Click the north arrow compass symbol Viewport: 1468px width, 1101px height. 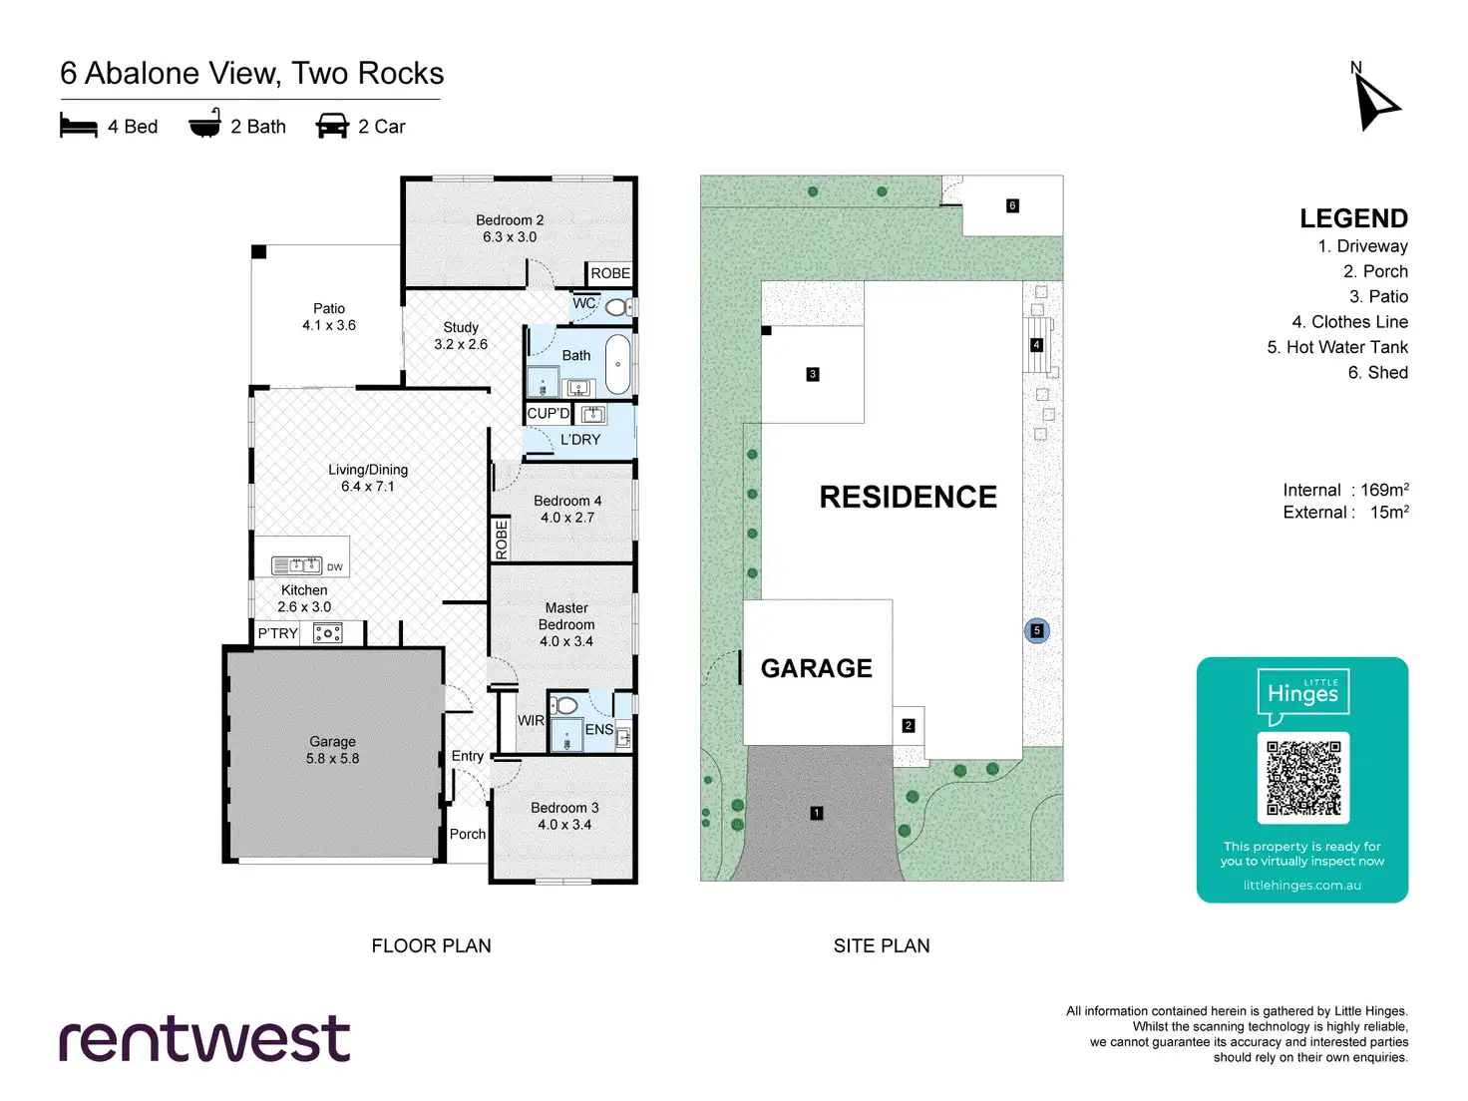click(x=1374, y=101)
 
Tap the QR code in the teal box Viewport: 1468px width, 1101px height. click(x=1302, y=778)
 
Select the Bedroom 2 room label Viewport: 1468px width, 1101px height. click(x=510, y=228)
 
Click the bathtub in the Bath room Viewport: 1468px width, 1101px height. click(x=618, y=364)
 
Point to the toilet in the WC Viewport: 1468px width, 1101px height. click(x=617, y=307)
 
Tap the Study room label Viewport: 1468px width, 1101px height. click(x=461, y=335)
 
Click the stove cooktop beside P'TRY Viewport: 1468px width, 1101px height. click(x=328, y=633)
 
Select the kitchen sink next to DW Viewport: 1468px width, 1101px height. click(x=296, y=565)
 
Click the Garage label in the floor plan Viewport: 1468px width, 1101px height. click(x=332, y=750)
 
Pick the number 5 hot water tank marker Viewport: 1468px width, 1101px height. click(x=1037, y=630)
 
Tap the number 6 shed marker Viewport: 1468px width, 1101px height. click(x=1012, y=205)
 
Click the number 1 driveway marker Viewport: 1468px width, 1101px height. click(x=817, y=813)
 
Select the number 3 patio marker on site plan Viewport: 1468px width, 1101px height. click(x=813, y=374)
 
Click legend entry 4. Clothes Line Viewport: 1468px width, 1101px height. click(x=1349, y=322)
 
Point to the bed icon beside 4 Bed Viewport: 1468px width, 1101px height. click(x=79, y=126)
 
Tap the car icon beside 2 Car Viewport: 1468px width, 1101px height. click(x=332, y=126)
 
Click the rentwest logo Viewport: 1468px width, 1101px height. click(x=204, y=1039)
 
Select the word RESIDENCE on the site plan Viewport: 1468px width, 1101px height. click(x=908, y=497)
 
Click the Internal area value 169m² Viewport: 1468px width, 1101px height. click(x=1384, y=490)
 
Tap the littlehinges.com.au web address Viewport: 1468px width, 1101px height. click(x=1301, y=886)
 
